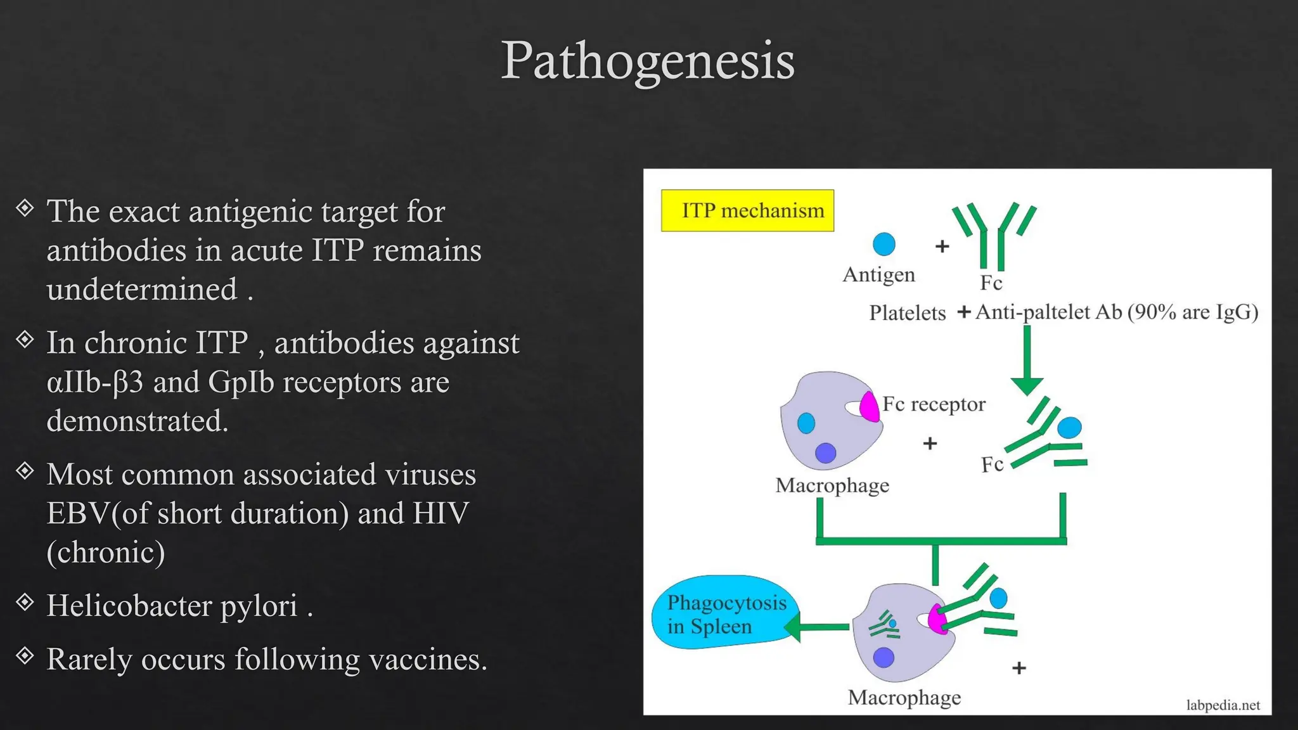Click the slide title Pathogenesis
647,61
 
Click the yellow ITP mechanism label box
747,210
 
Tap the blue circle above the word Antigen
884,244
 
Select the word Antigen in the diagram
878,275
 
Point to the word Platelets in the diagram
907,313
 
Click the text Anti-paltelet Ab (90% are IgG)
1116,312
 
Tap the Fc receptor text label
934,404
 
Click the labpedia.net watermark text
1223,705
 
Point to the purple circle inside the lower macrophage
884,657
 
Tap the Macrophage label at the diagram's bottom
904,698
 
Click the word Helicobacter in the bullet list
129,606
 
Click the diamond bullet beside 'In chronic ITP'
25,340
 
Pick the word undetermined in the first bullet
142,290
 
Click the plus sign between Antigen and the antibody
942,246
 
